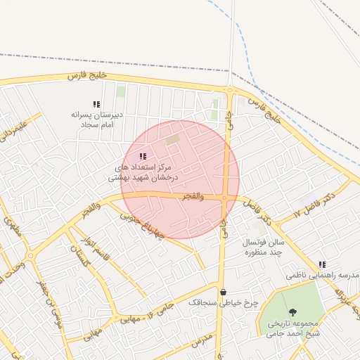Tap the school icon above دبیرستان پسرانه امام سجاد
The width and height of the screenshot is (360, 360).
[x=97, y=105]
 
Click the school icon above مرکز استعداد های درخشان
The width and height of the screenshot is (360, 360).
[x=143, y=156]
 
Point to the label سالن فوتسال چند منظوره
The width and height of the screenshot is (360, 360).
[x=263, y=246]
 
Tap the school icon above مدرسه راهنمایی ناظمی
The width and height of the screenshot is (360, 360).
[x=322, y=264]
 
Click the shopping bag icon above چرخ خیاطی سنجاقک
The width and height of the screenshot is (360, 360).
[x=223, y=292]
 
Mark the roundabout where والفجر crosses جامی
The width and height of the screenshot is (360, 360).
[x=224, y=198]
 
